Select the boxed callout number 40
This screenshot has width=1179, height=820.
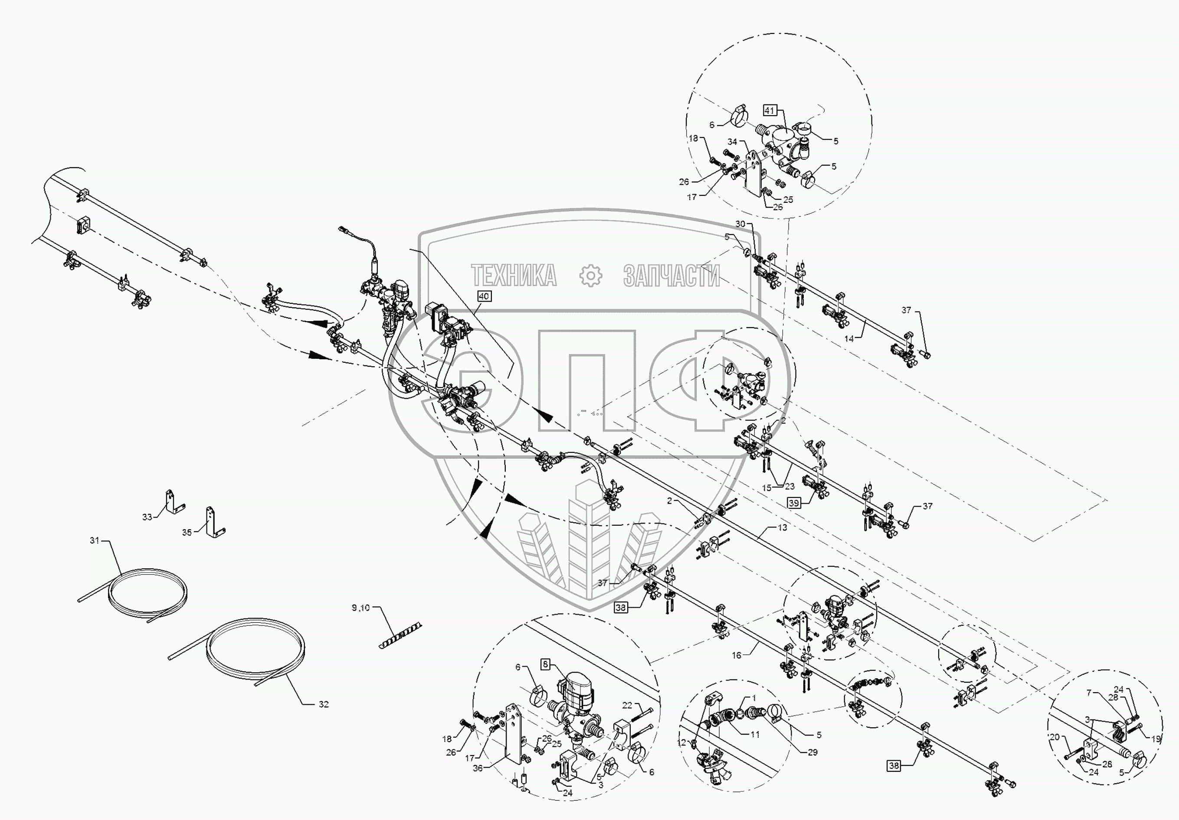(x=484, y=296)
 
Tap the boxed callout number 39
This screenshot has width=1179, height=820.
(x=794, y=503)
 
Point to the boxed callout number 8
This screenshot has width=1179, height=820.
(x=545, y=664)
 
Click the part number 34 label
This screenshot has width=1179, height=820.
(x=732, y=142)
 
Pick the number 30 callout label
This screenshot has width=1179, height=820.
(x=740, y=224)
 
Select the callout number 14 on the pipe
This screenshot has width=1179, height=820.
(x=849, y=338)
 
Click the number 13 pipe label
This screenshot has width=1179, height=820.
(x=782, y=527)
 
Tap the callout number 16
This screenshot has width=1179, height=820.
(x=737, y=655)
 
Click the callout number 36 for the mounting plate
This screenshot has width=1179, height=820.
(x=478, y=768)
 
